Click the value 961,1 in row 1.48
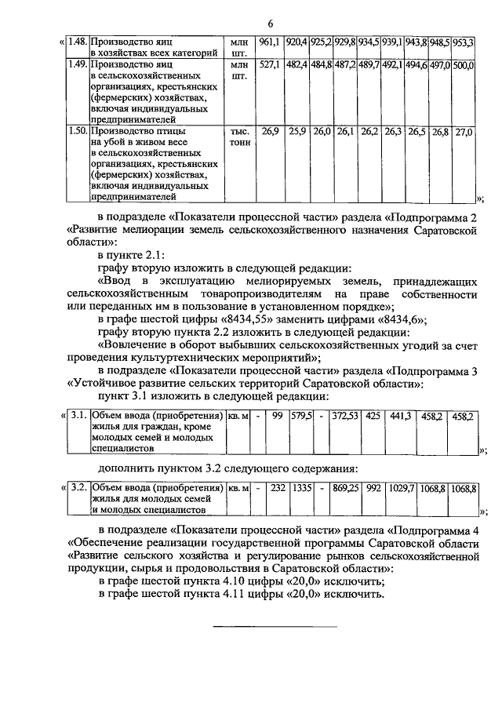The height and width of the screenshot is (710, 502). (x=269, y=39)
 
